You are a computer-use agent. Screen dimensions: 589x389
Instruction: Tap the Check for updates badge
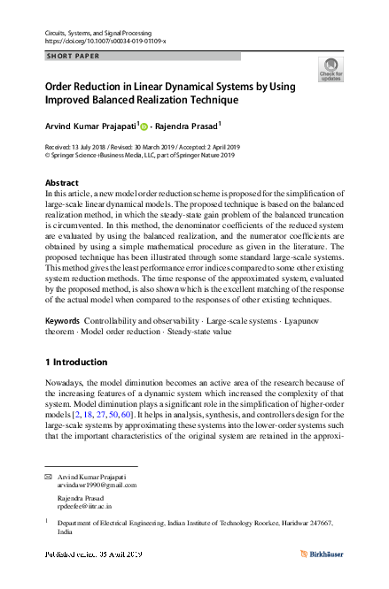pyautogui.click(x=331, y=70)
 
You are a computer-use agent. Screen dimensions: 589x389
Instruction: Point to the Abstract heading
pyautogui.click(x=62, y=183)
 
